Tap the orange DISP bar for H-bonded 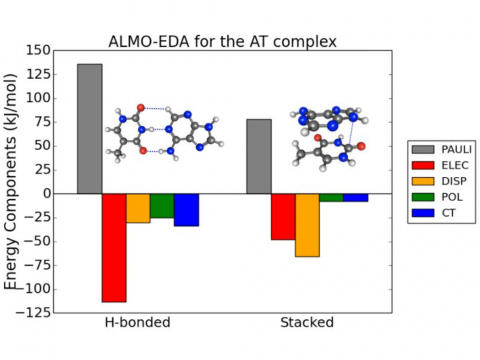coord(138,208)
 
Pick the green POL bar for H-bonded coord(162,205)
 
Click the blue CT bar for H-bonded coord(186,209)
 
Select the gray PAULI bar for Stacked coord(259,156)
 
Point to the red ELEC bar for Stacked coord(283,216)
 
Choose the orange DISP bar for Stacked coord(307,225)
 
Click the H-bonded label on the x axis coord(138,324)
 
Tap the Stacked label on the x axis coord(307,324)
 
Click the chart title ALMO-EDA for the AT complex coord(222,41)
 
